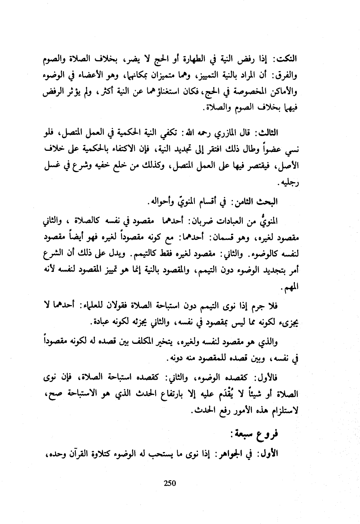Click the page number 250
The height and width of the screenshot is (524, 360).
(x=169, y=483)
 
